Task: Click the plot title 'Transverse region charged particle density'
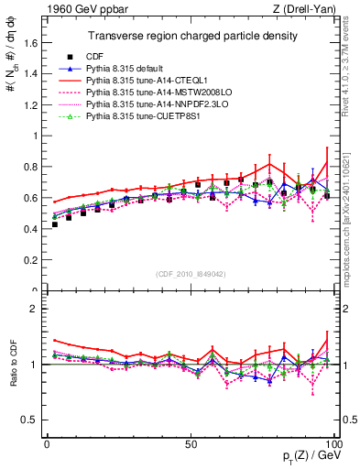[x=191, y=36]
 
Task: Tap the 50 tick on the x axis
[x=191, y=442]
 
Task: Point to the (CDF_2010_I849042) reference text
[x=191, y=272]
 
